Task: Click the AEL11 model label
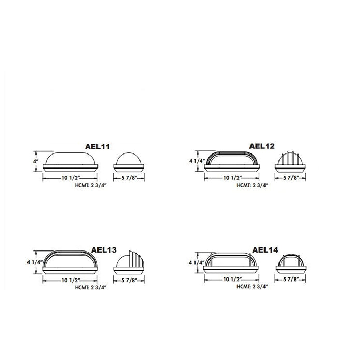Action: pos(97,147)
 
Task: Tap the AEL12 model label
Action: pos(262,146)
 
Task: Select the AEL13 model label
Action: pos(104,250)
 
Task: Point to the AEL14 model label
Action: pos(265,250)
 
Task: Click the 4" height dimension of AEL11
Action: pos(35,161)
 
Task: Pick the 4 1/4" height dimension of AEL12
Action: pos(197,161)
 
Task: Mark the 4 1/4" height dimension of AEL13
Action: pos(35,262)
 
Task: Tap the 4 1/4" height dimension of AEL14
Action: pos(197,263)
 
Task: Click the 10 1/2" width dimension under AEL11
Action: pos(71,178)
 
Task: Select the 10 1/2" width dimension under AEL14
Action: pos(232,279)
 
